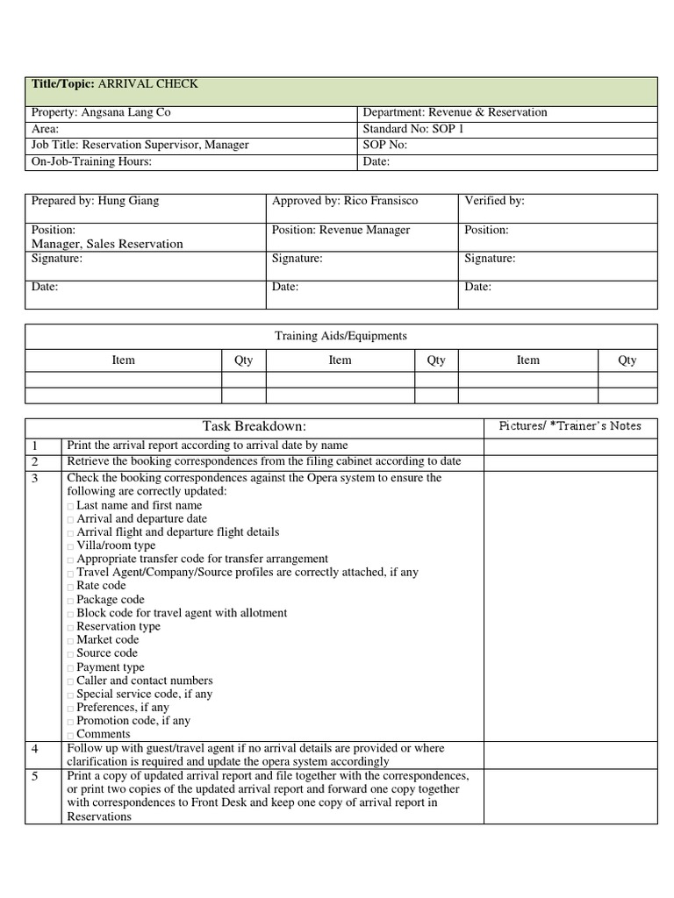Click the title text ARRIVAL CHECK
tap(147, 84)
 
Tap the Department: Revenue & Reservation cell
tap(455, 112)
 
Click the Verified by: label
tap(494, 201)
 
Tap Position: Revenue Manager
tap(341, 230)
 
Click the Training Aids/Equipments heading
tap(341, 336)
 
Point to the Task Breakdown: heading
tap(255, 426)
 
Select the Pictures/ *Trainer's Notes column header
tap(570, 426)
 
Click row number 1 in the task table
tap(35, 446)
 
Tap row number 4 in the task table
tap(35, 750)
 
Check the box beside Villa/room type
tap(70, 546)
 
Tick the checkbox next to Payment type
tap(70, 668)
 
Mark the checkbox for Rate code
tap(70, 587)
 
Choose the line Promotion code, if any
tap(133, 721)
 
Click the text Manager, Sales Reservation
tap(107, 244)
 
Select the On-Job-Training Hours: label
tap(91, 161)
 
